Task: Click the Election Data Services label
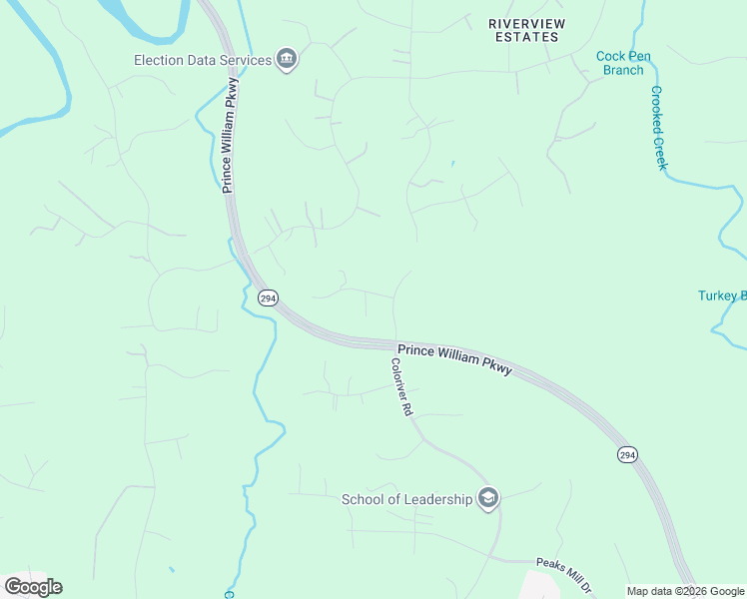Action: [203, 60]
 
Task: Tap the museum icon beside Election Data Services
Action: [287, 59]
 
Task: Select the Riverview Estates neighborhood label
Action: [526, 30]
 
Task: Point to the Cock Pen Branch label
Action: [623, 63]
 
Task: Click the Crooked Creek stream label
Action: [658, 127]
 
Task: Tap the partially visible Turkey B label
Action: [721, 296]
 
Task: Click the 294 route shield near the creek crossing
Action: [267, 299]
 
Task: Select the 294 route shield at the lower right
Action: [626, 454]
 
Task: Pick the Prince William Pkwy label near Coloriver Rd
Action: [454, 360]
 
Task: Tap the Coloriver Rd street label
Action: [400, 386]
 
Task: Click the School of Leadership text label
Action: [406, 499]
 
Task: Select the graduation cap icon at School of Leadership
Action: [487, 498]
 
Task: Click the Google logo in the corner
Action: [33, 586]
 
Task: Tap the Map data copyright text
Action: [686, 591]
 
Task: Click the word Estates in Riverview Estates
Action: [526, 37]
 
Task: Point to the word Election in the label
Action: [158, 60]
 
